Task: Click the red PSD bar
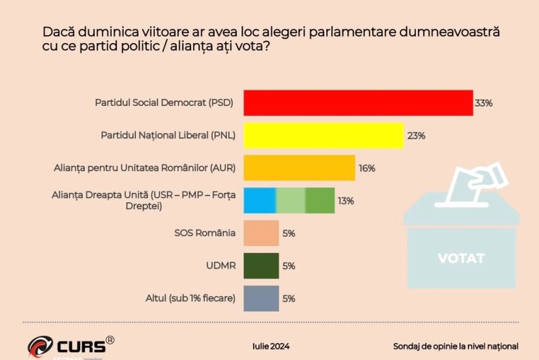coord(357,103)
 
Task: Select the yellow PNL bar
coord(323,136)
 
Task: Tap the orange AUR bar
coord(298,168)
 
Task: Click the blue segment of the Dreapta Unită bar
coord(259,200)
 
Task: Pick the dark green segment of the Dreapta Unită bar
coord(320,200)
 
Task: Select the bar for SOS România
coord(261,233)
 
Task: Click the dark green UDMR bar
coord(261,266)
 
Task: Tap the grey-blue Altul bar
coord(261,298)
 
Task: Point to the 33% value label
coord(484,103)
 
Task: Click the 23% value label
coord(416,136)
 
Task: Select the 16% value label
coord(367,168)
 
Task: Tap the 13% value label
coord(346,200)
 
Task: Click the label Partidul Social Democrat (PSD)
coord(164,103)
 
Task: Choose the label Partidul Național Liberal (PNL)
coord(168,136)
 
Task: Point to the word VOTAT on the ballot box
coord(461,258)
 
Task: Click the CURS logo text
coord(80,347)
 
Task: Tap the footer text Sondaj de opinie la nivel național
coord(455,346)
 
